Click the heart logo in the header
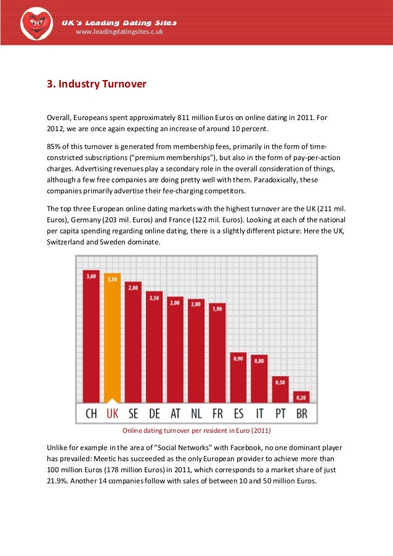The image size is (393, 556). click(x=36, y=23)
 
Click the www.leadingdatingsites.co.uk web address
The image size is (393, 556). click(x=119, y=33)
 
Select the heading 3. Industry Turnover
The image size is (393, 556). click(x=97, y=83)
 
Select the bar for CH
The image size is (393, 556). click(x=91, y=336)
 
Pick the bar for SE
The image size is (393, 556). click(x=133, y=342)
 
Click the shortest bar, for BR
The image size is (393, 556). click(x=301, y=397)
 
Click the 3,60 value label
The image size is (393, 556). click(x=91, y=276)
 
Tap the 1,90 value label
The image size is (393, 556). click(x=217, y=308)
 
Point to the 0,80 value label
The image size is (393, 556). click(x=259, y=361)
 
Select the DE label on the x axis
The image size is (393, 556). click(x=154, y=413)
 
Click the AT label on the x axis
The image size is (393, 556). click(x=175, y=413)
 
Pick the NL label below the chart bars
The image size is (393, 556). click(x=197, y=413)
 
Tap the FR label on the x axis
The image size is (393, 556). click(x=217, y=413)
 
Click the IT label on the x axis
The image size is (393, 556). click(x=259, y=413)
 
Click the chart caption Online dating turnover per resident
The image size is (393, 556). click(x=197, y=430)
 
